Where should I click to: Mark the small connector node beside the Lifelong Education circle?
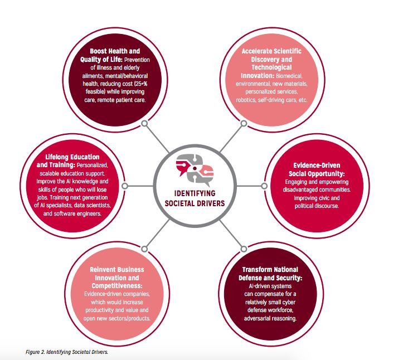click(127, 184)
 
